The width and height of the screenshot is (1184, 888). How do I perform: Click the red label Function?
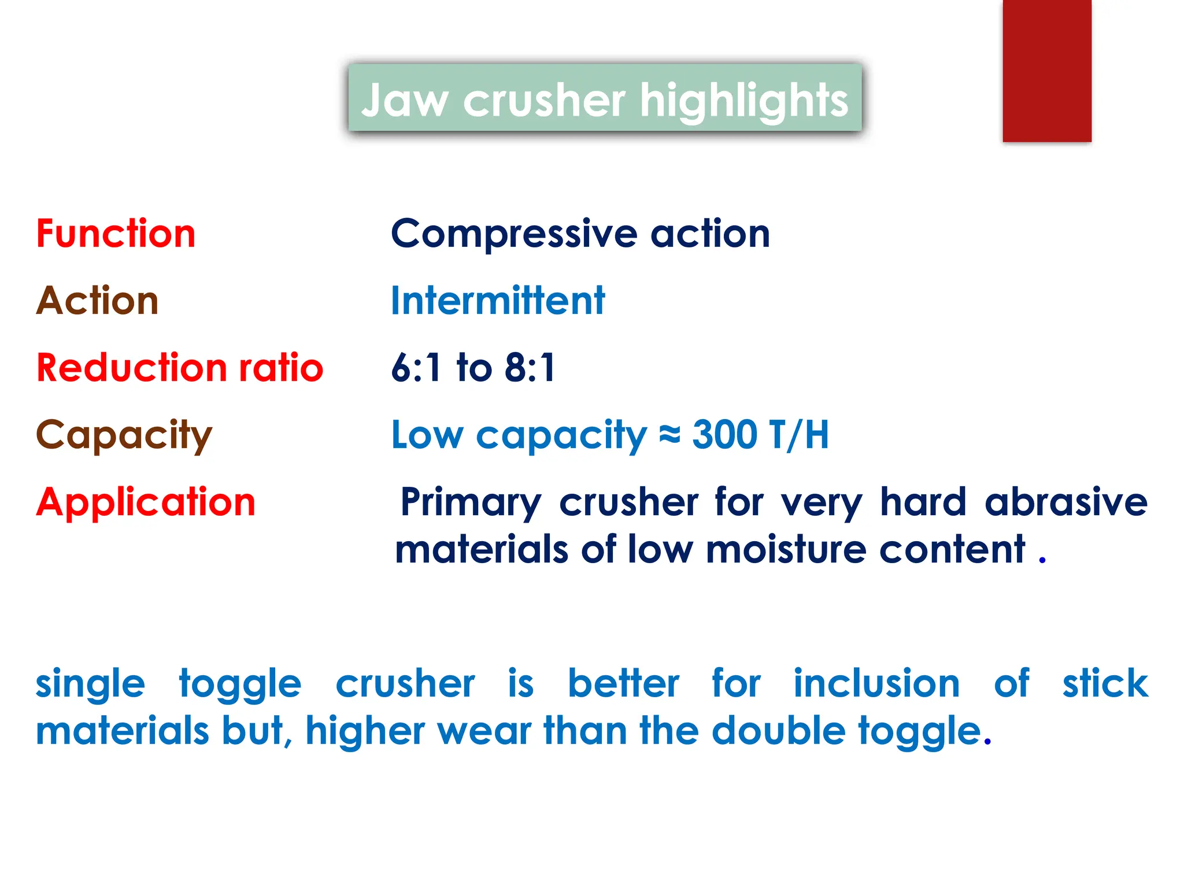[x=116, y=234]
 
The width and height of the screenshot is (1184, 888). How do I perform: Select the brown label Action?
[x=97, y=301]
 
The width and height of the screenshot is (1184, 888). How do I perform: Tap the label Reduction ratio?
[x=179, y=368]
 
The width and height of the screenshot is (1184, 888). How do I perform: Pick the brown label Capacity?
[x=124, y=435]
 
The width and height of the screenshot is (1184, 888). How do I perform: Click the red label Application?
[x=146, y=502]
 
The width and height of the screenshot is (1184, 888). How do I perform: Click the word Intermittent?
[x=498, y=301]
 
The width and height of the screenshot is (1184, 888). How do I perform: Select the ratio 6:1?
[x=416, y=368]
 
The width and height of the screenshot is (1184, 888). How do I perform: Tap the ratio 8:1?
[x=530, y=368]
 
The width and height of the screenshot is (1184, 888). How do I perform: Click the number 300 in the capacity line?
[x=724, y=435]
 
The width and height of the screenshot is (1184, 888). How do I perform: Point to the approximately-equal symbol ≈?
[x=669, y=435]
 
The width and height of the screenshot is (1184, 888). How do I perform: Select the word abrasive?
[x=1065, y=502]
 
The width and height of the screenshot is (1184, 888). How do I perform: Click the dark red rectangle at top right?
[x=1046, y=71]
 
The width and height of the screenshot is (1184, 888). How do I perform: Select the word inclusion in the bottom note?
[x=876, y=684]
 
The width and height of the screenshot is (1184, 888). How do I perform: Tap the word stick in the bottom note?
[x=1105, y=684]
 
